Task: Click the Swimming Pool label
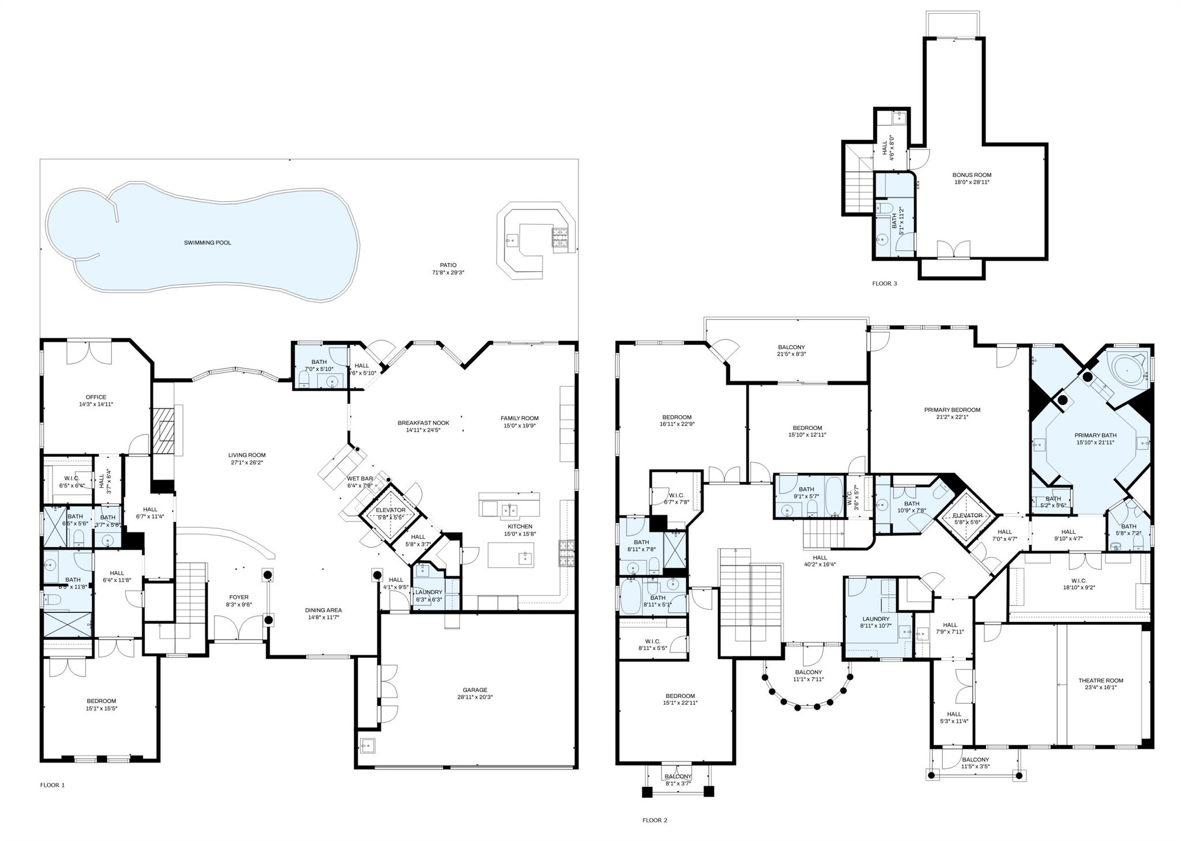[208, 243]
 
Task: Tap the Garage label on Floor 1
[475, 690]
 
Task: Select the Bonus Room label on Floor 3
[972, 175]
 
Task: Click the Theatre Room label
[1101, 681]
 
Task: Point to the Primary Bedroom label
[952, 410]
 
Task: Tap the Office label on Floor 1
[96, 397]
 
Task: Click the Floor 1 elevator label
[390, 510]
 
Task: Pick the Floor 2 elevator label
[967, 515]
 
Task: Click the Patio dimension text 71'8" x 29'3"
[448, 273]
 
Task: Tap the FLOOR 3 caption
[885, 283]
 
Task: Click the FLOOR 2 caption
[655, 820]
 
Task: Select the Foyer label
[239, 598]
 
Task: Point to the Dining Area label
[323, 610]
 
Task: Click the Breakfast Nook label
[423, 423]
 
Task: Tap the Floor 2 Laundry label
[875, 619]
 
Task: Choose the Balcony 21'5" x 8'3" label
[791, 347]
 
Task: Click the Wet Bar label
[360, 478]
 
